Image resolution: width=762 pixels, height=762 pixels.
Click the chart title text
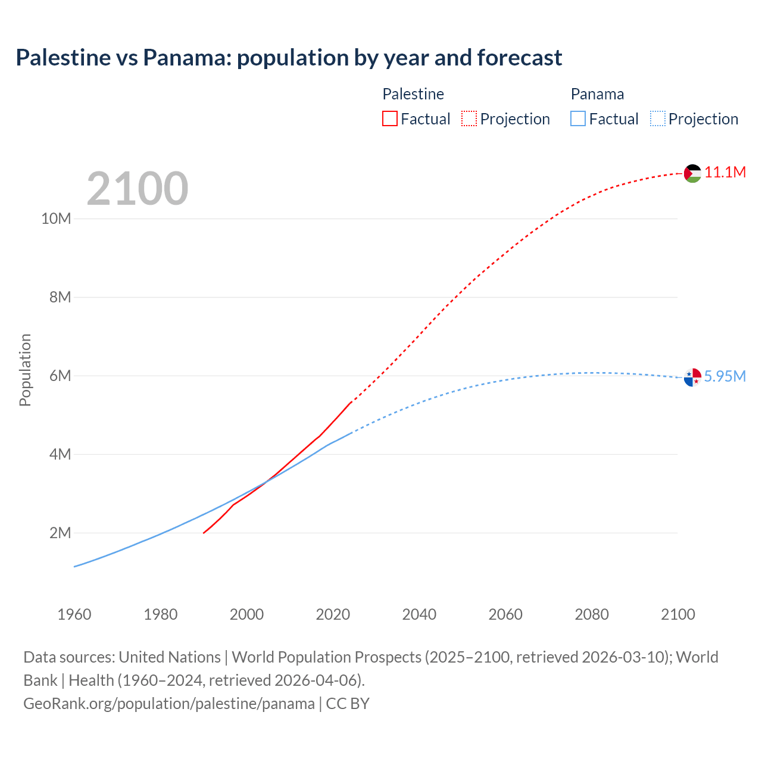tap(289, 58)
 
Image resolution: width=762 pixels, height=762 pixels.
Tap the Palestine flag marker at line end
tap(692, 173)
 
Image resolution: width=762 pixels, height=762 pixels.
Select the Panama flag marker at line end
tap(692, 377)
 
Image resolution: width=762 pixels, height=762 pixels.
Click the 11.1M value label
tap(725, 173)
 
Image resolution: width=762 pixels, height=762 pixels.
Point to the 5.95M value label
tap(724, 377)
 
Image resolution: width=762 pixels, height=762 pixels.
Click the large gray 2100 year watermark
tap(138, 189)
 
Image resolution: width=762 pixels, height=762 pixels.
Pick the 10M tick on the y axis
tap(56, 218)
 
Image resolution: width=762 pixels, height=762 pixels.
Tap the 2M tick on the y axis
tap(60, 533)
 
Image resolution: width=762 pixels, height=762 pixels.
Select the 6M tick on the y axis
tap(60, 376)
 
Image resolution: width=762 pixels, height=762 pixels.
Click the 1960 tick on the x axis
tap(74, 614)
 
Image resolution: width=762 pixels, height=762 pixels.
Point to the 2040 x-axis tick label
tap(419, 614)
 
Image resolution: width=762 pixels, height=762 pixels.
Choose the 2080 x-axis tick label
tap(592, 614)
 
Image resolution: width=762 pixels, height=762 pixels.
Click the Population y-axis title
tap(25, 370)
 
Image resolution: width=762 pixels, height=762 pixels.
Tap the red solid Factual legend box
tap(390, 118)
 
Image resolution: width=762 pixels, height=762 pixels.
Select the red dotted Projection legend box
tap(469, 118)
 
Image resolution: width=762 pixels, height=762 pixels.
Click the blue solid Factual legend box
tap(578, 118)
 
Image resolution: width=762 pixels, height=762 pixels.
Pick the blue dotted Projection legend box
tap(658, 118)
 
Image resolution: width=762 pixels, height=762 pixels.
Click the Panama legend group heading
tap(597, 94)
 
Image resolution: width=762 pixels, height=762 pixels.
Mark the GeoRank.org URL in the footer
tap(169, 704)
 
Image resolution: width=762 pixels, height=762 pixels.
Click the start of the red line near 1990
tap(204, 532)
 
